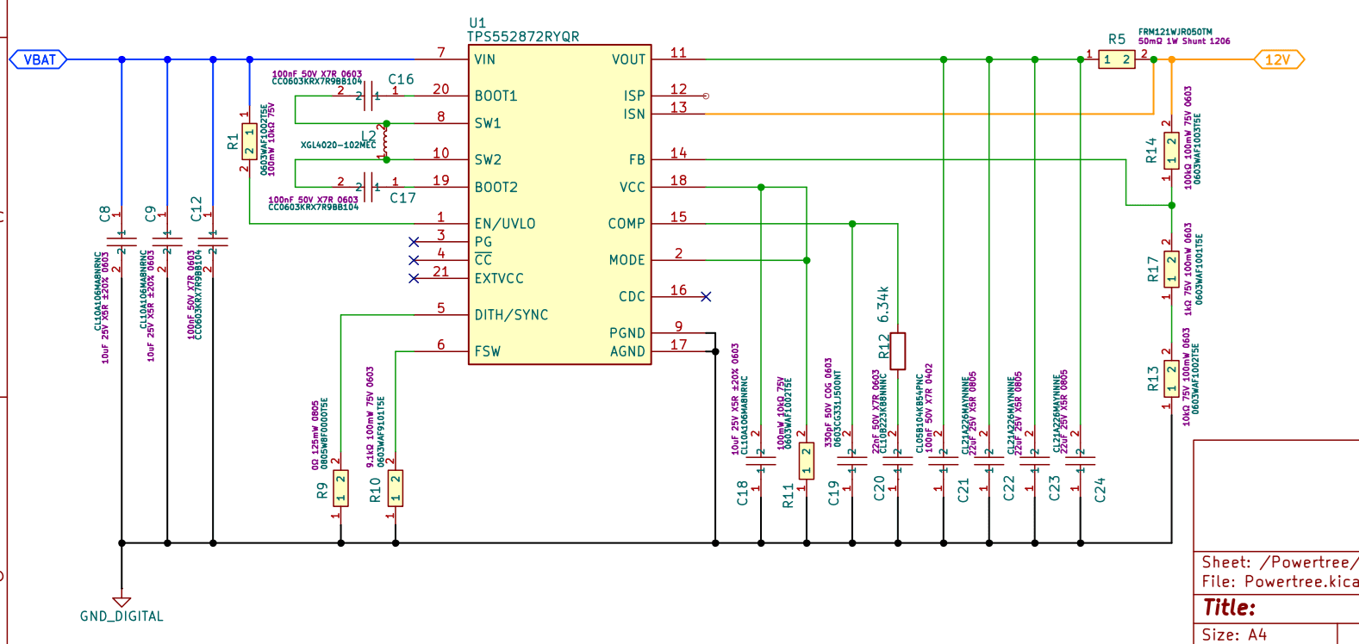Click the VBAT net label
click(39, 59)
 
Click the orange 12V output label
click(1278, 59)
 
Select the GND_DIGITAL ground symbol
click(122, 603)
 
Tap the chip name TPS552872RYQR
click(523, 36)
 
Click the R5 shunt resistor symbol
click(1117, 59)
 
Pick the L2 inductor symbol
click(385, 141)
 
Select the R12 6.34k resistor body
click(898, 351)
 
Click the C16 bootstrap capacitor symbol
click(369, 96)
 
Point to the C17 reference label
click(402, 198)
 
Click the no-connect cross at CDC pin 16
click(706, 296)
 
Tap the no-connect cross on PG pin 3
click(414, 242)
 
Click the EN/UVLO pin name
click(505, 223)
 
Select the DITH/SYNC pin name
click(511, 315)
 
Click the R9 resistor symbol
click(340, 488)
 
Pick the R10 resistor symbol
click(396, 488)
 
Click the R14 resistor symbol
click(1171, 151)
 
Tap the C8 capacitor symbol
click(122, 242)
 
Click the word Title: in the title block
click(1230, 608)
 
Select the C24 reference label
click(1100, 490)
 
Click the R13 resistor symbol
click(1171, 379)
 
